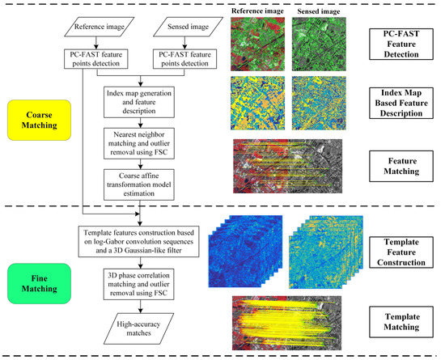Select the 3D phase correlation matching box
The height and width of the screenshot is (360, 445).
point(141,283)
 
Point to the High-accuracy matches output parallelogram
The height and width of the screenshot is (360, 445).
point(141,324)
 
